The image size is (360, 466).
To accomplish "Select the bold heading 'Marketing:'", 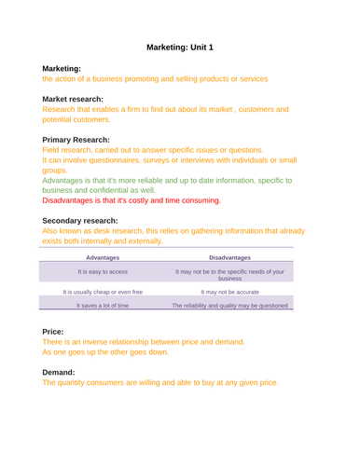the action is click(62, 69).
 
